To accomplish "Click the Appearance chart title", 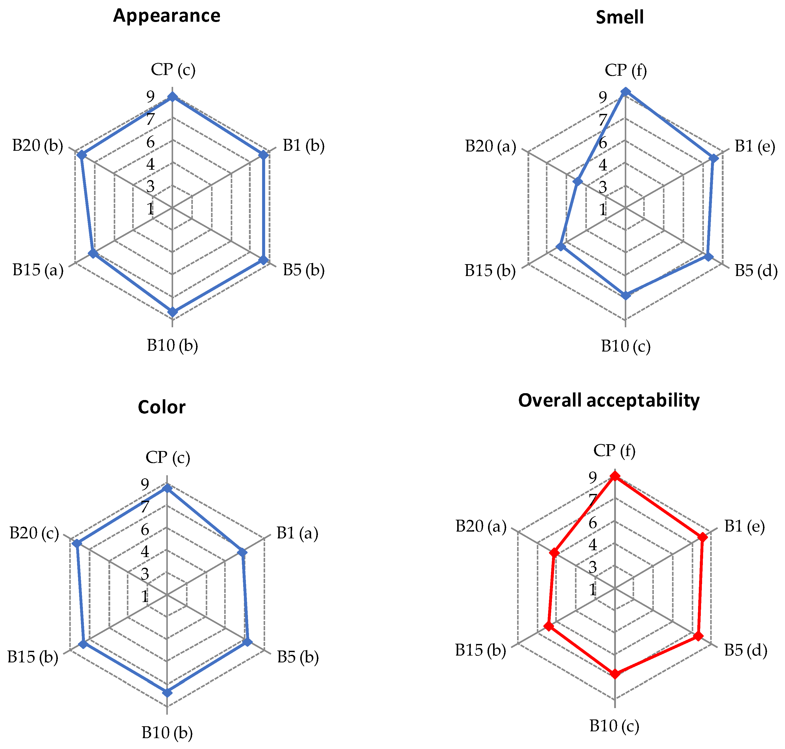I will point(167,16).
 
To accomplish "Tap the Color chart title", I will point(161,407).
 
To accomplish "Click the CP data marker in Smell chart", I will point(626,92).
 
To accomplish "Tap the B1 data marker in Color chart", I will point(242,552).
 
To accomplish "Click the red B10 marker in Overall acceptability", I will point(615,674).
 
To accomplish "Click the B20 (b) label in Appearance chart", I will point(38,146).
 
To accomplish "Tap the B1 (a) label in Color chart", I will point(297,533).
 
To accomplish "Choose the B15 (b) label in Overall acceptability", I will point(480,650).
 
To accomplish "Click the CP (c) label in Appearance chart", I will point(173,70).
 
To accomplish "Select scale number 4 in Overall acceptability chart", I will point(593,545).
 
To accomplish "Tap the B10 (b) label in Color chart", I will point(167,733).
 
